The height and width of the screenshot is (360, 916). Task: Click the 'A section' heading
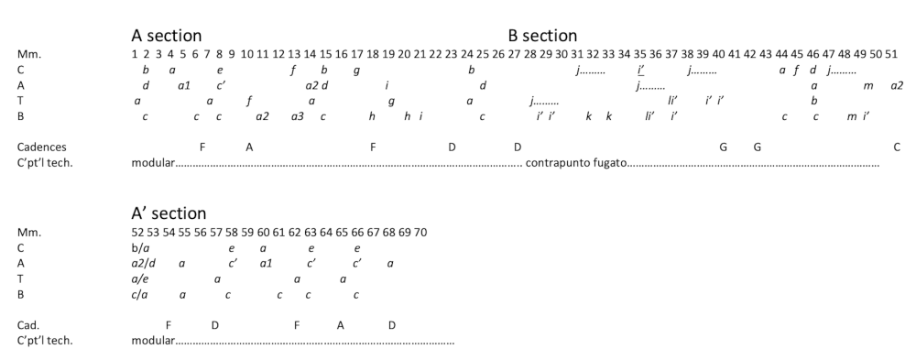click(167, 36)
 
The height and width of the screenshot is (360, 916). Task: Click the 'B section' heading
click(542, 36)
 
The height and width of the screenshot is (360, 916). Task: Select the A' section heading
click(169, 213)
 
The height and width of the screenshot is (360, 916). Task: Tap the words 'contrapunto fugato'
click(576, 163)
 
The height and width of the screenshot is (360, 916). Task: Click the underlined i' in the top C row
click(641, 71)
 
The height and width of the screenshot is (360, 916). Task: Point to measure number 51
click(891, 54)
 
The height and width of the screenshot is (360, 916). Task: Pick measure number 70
click(420, 233)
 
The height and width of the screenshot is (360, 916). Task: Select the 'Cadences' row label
click(41, 147)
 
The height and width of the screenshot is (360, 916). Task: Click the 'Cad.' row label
click(29, 325)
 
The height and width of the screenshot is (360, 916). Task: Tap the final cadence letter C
click(897, 147)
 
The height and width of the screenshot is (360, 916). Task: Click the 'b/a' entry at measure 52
click(140, 248)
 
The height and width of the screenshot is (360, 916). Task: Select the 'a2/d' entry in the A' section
click(144, 264)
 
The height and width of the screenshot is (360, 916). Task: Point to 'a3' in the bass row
click(298, 116)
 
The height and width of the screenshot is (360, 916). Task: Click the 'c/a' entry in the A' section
click(139, 295)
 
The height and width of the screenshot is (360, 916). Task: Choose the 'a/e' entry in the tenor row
click(140, 279)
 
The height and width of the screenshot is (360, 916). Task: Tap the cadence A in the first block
click(249, 147)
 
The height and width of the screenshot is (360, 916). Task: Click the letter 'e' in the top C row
click(220, 71)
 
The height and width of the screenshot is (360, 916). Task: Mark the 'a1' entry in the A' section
click(266, 264)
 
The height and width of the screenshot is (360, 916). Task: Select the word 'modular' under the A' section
click(153, 341)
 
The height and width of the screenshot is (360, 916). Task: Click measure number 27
click(514, 54)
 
